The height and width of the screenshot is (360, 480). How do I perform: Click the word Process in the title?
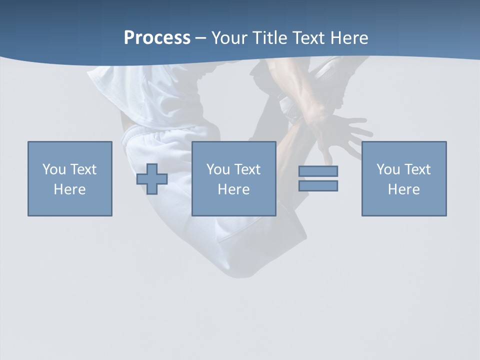(157, 38)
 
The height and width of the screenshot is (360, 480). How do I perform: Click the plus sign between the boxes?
(152, 179)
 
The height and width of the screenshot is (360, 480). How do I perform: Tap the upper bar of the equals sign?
(318, 171)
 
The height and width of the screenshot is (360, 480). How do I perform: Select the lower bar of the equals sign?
(318, 185)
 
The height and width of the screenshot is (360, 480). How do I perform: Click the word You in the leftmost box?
(54, 169)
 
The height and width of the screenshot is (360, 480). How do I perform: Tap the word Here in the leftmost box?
(70, 189)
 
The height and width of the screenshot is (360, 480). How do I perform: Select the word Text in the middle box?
(247, 169)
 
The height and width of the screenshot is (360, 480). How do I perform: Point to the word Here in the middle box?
(234, 189)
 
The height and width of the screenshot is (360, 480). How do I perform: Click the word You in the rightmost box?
(388, 169)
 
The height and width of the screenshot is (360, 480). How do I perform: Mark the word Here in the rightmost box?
(404, 189)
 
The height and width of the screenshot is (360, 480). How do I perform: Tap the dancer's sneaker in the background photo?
(327, 70)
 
